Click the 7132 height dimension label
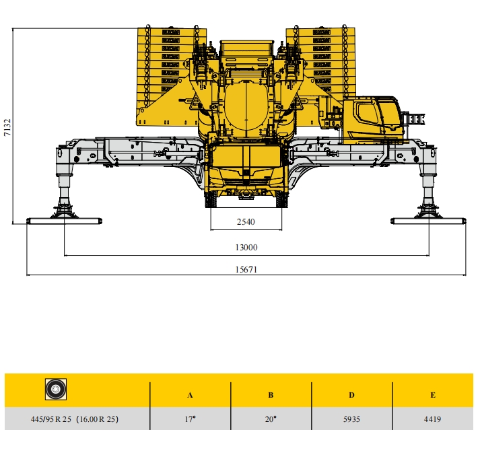click(7, 127)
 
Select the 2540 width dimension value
click(246, 221)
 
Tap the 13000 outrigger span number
click(246, 247)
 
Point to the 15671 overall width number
click(246, 270)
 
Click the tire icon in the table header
click(56, 389)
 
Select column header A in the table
click(190, 395)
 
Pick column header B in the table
click(271, 395)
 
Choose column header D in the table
click(351, 395)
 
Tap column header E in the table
click(433, 395)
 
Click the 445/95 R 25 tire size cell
click(74, 419)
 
